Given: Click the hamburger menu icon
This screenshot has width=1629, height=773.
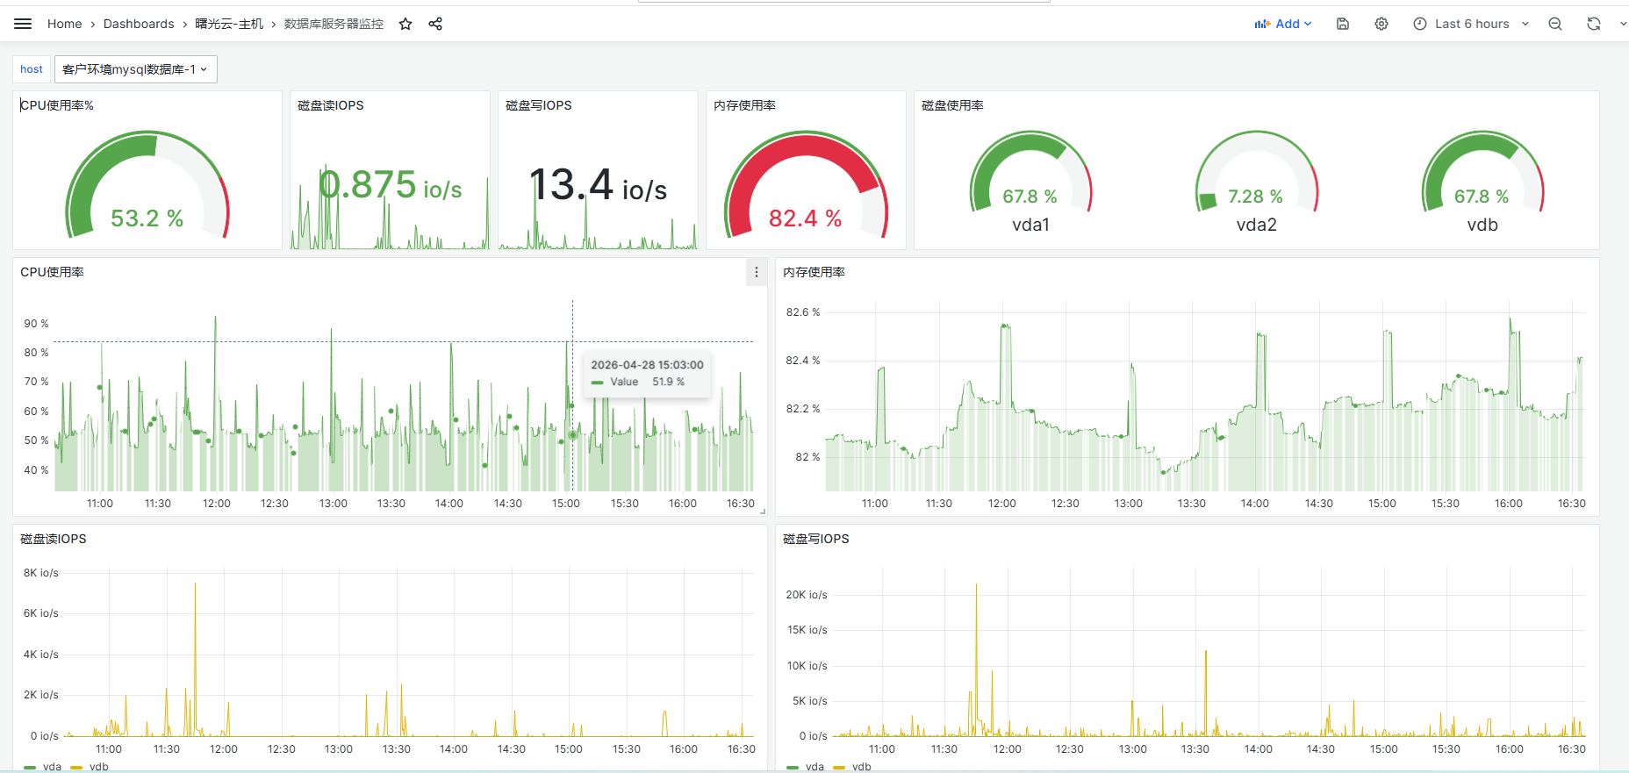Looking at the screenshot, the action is [23, 24].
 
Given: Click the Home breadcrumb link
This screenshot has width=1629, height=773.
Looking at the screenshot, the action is [64, 24].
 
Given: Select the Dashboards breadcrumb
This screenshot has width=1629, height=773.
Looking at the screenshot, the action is [139, 24].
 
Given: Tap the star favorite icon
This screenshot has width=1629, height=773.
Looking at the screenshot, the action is [405, 24].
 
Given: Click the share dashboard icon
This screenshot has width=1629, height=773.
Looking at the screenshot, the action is [435, 24].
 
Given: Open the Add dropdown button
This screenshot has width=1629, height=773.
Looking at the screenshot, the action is [1282, 24].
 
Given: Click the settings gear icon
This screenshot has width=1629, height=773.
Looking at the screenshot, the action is [1381, 24].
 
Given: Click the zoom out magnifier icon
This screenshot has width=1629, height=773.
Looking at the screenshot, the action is [1555, 24].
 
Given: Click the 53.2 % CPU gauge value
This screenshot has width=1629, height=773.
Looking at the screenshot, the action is [147, 218].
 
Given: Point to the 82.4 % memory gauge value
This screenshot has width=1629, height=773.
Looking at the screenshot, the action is [805, 218].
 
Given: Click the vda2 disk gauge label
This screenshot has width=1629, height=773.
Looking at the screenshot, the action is [1257, 225].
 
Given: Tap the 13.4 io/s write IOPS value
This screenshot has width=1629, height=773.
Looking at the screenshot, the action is [599, 185].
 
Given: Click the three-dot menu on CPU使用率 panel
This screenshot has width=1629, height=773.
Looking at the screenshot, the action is [757, 272].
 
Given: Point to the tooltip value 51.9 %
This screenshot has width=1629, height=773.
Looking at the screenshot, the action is [668, 382].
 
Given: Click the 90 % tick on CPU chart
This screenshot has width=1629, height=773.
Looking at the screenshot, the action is [36, 324].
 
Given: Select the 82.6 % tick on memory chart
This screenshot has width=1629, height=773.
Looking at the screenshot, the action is [803, 312].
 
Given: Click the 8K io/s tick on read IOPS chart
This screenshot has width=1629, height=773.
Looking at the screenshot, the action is [41, 573].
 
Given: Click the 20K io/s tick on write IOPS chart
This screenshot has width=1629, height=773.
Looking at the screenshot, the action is [807, 595].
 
